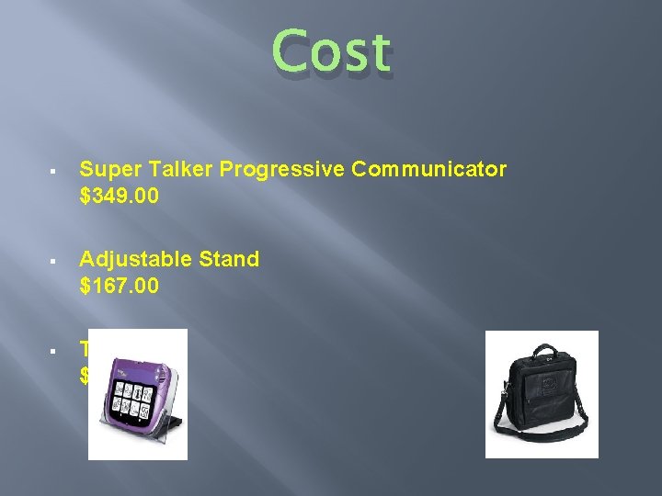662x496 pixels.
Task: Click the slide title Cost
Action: (x=332, y=51)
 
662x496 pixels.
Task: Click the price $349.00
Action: (x=119, y=196)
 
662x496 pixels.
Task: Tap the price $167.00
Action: (x=119, y=287)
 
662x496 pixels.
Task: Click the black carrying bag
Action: (x=542, y=389)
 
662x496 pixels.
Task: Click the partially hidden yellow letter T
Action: (x=84, y=349)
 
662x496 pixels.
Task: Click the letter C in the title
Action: (x=291, y=51)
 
